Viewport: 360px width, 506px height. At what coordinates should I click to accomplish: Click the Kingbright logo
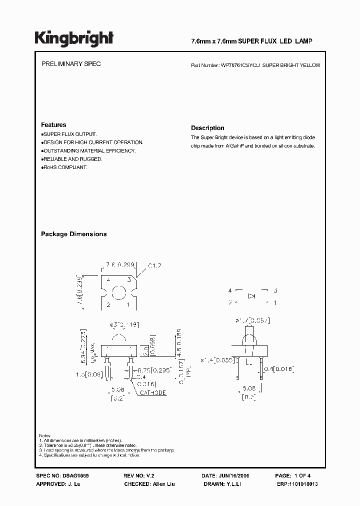click(74, 38)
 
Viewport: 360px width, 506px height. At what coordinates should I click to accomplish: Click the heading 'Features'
click(53, 125)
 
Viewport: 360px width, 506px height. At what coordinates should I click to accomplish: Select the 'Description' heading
click(207, 128)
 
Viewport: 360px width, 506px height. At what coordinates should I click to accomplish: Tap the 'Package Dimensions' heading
click(73, 234)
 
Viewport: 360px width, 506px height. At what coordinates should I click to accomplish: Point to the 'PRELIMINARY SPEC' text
click(70, 64)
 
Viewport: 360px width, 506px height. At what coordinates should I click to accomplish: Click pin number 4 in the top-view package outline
click(108, 280)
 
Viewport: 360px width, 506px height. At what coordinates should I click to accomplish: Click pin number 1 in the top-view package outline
click(128, 304)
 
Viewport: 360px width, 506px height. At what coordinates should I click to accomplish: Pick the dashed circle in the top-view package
click(118, 292)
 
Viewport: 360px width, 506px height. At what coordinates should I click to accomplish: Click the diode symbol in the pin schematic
click(252, 296)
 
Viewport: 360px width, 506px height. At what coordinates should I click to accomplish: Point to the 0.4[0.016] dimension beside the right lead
click(281, 369)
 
